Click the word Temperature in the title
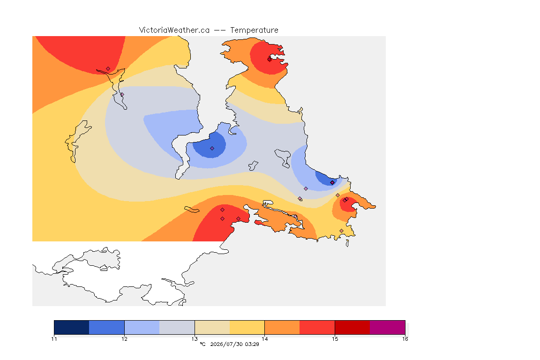pyautogui.click(x=254, y=30)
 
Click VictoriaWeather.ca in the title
pyautogui.click(x=174, y=30)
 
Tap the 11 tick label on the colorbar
pyautogui.click(x=54, y=339)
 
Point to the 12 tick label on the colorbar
pyautogui.click(x=124, y=339)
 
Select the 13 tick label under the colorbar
pyautogui.click(x=195, y=339)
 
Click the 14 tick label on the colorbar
pyautogui.click(x=264, y=339)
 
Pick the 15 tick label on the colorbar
pyautogui.click(x=335, y=339)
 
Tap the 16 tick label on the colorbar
pyautogui.click(x=405, y=339)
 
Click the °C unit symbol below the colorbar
pyautogui.click(x=202, y=344)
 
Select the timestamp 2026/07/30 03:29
pyautogui.click(x=234, y=344)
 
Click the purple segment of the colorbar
pyautogui.click(x=388, y=327)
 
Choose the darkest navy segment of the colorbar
pyautogui.click(x=72, y=327)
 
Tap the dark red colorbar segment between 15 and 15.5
pyautogui.click(x=352, y=327)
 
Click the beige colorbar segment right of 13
pyautogui.click(x=212, y=327)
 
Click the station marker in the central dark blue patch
pyautogui.click(x=212, y=149)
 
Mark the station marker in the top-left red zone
pyautogui.click(x=108, y=69)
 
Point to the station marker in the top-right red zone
pyautogui.click(x=270, y=59)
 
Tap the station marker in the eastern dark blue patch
pyautogui.click(x=332, y=183)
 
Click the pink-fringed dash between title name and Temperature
pyautogui.click(x=220, y=30)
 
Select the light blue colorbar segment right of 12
pyautogui.click(x=142, y=327)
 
